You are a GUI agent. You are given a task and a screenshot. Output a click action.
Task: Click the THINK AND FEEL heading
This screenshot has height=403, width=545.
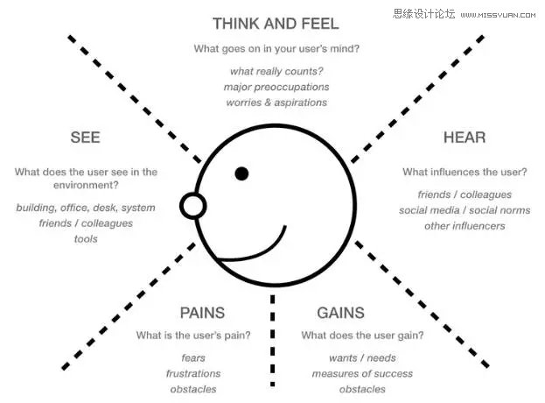click(x=276, y=24)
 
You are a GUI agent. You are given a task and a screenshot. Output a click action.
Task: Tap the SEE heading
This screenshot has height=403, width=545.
click(x=85, y=138)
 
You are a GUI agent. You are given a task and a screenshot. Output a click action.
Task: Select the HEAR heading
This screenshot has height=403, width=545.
click(x=464, y=138)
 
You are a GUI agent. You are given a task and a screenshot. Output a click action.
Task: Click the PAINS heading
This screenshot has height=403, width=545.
click(x=202, y=313)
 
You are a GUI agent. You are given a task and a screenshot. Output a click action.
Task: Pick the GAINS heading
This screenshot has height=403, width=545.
click(x=340, y=313)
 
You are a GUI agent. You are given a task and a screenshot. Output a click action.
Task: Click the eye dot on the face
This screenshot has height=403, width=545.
click(x=241, y=173)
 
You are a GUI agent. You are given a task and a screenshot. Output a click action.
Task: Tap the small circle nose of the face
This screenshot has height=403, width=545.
click(x=192, y=206)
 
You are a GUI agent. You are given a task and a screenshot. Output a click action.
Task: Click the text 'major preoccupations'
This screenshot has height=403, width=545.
click(x=276, y=87)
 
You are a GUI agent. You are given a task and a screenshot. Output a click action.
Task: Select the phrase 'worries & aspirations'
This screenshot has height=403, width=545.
click(x=276, y=103)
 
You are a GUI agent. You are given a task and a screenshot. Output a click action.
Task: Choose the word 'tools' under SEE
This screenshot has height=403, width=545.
click(x=86, y=239)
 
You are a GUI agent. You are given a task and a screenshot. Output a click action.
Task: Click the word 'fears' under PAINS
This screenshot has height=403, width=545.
click(x=193, y=358)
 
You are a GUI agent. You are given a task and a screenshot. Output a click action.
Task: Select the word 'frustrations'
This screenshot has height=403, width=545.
click(x=193, y=374)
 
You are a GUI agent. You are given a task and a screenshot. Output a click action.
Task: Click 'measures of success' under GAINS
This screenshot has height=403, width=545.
click(x=362, y=374)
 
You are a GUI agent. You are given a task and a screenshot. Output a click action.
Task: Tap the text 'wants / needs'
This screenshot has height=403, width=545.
click(x=362, y=358)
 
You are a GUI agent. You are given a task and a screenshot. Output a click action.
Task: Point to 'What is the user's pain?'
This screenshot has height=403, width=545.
click(x=193, y=336)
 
